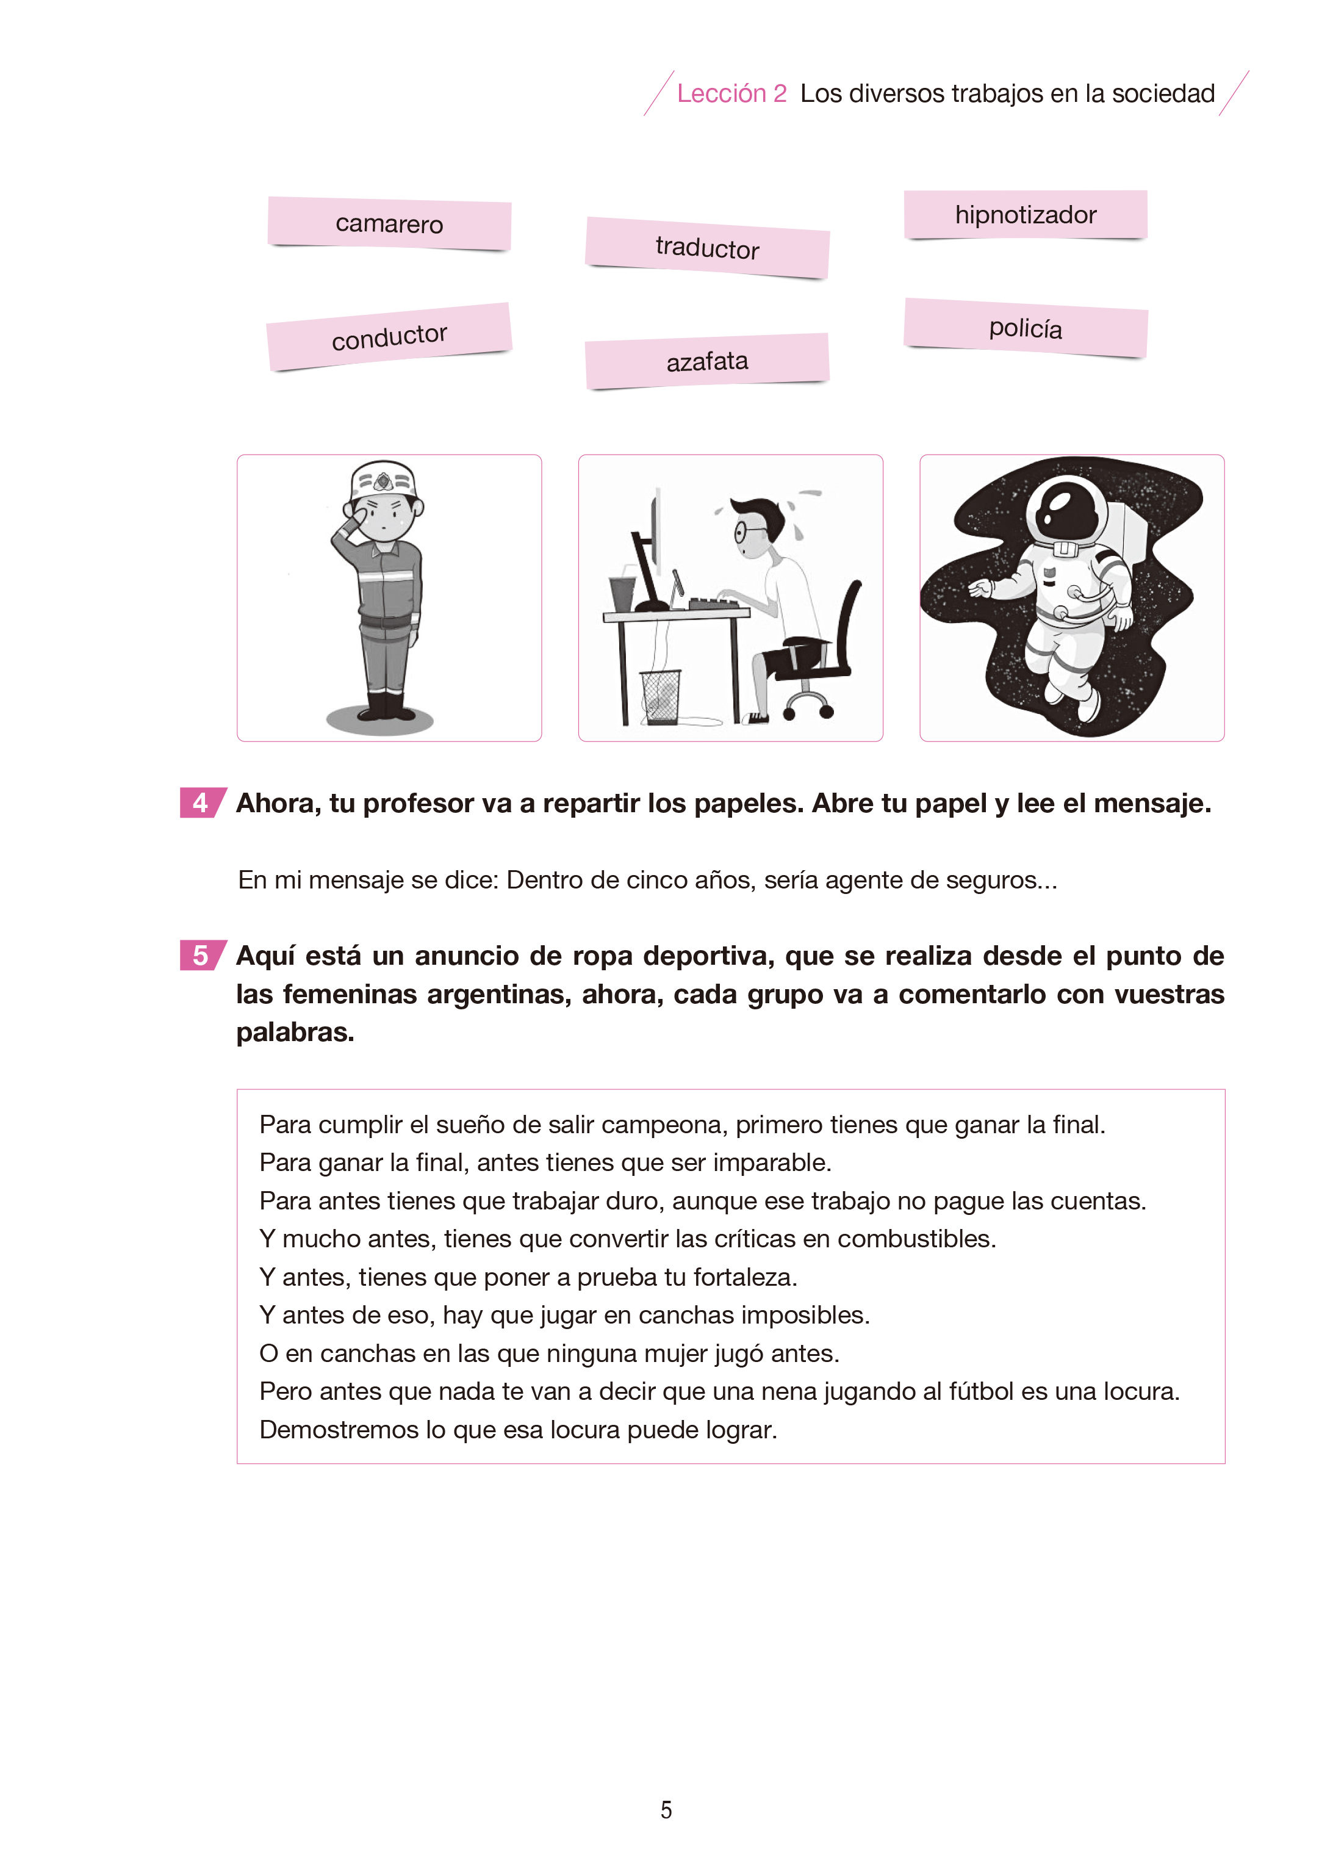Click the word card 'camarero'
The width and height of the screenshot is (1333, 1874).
coord(389,223)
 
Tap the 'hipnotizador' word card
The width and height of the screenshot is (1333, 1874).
coord(1025,215)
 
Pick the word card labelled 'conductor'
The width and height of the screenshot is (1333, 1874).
coord(389,337)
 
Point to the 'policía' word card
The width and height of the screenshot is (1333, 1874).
coord(1025,328)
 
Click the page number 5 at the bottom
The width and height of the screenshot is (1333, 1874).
coord(666,1810)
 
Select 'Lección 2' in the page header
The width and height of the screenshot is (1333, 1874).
coord(731,93)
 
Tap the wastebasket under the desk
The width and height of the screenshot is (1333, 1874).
coord(661,697)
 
